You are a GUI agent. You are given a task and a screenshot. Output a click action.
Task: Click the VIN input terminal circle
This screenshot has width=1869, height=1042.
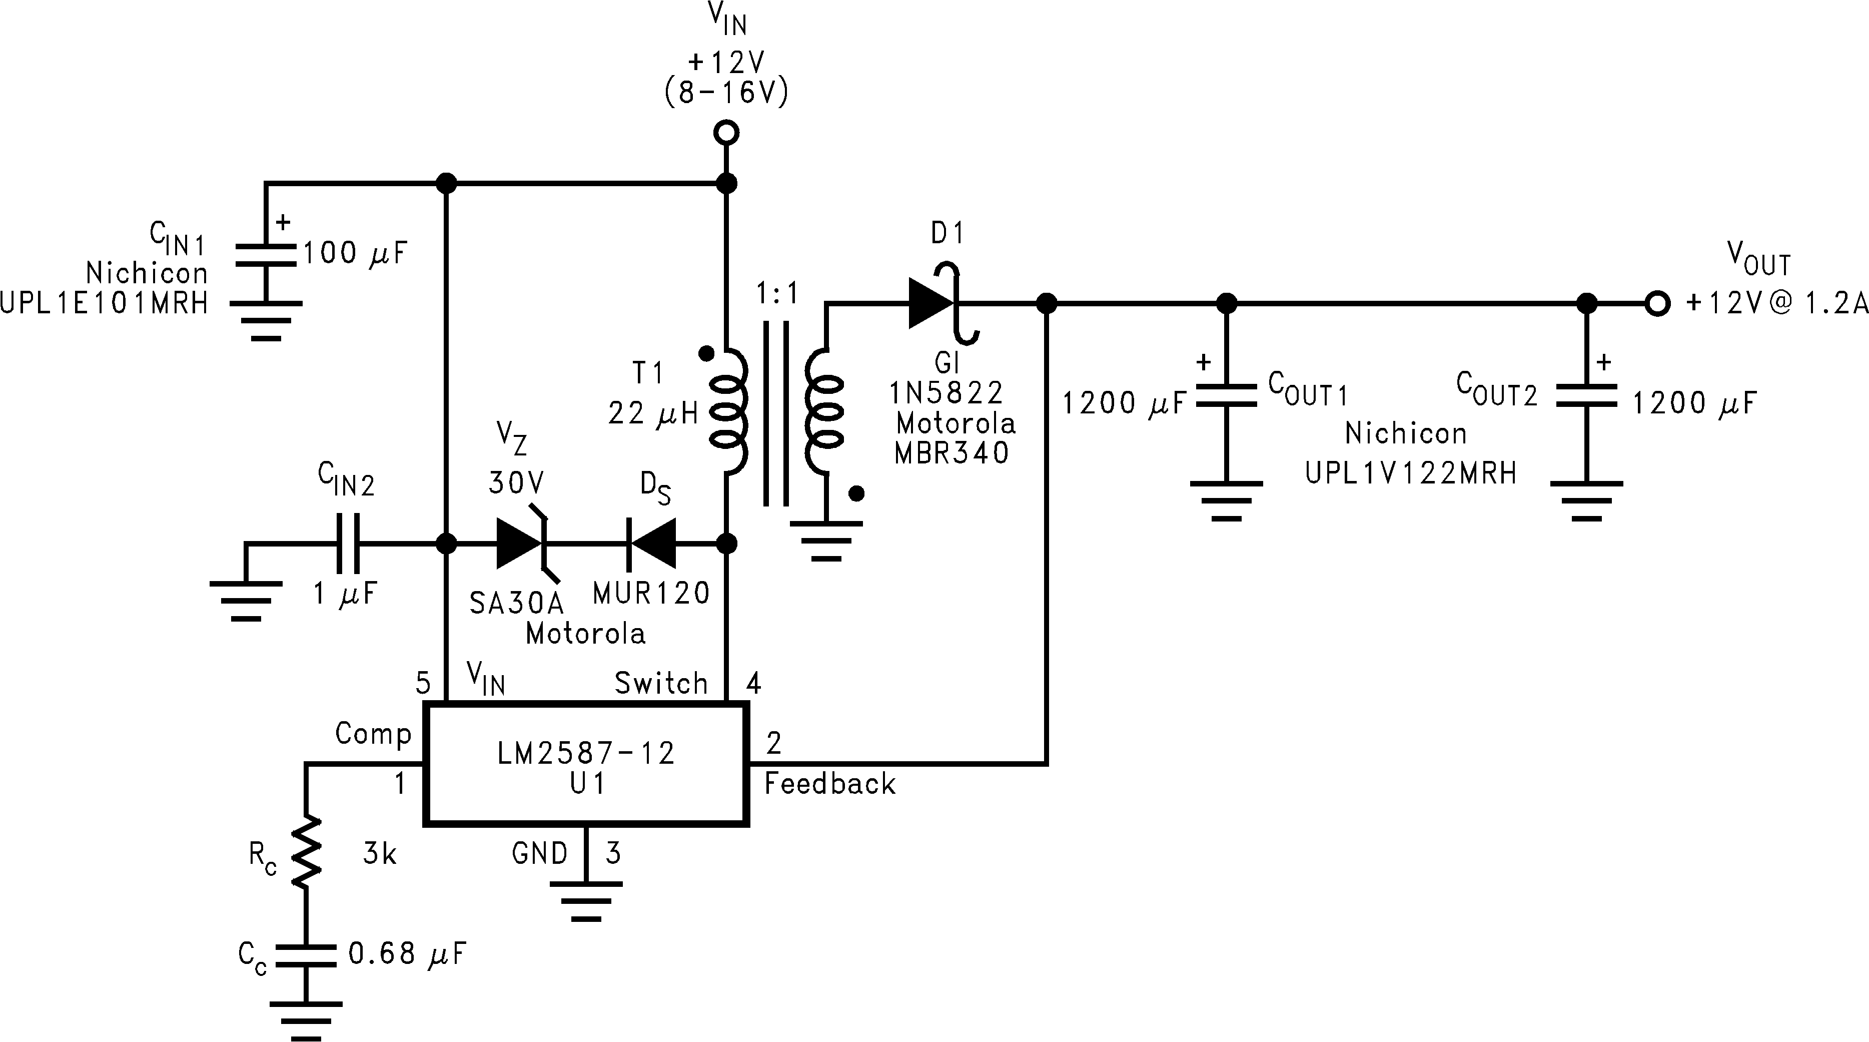[x=726, y=133]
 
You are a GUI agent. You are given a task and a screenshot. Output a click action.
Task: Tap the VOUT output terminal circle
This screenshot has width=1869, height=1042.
[x=1657, y=303]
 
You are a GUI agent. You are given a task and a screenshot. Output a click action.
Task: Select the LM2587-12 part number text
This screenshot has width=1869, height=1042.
[x=586, y=753]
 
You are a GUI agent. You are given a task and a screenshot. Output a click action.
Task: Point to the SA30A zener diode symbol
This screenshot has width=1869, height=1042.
[x=521, y=543]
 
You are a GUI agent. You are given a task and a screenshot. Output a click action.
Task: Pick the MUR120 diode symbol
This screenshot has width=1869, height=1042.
[x=651, y=543]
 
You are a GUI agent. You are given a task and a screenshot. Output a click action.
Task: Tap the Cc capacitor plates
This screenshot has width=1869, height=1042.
[x=306, y=955]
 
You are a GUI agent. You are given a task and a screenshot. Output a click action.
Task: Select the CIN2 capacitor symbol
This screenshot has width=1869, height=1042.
[x=347, y=543]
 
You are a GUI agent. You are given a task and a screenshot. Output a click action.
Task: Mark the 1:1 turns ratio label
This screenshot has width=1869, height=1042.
[x=777, y=294]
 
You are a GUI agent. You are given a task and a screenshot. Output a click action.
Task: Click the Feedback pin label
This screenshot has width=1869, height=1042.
[x=830, y=784]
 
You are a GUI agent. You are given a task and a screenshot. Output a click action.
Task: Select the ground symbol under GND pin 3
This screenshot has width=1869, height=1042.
[x=586, y=900]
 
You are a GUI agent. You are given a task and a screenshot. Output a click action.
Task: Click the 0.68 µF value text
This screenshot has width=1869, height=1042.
[x=406, y=953]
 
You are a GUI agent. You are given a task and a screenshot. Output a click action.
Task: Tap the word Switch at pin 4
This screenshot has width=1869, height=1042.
[x=661, y=683]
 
